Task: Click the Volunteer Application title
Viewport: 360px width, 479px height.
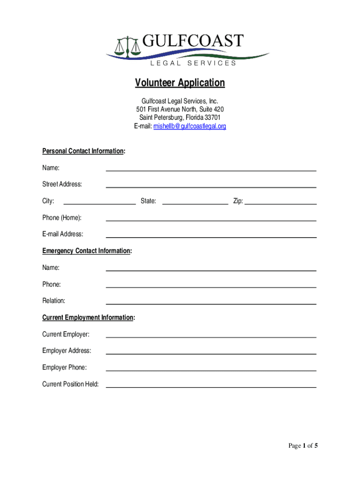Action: (180, 83)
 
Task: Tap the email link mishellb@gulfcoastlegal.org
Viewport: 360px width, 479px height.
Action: (190, 126)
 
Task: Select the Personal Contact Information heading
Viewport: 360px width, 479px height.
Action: (83, 151)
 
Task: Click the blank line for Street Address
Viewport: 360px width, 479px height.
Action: (211, 187)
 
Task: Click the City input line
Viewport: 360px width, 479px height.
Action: (99, 203)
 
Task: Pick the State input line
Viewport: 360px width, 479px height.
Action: (195, 203)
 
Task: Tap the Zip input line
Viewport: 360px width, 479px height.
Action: (281, 203)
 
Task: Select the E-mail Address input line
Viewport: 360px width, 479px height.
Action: (211, 237)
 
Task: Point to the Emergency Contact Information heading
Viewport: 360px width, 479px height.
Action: (86, 251)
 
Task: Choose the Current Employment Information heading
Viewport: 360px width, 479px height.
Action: (88, 318)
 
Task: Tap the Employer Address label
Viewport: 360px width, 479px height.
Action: (67, 351)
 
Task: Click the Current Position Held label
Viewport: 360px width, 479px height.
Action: (71, 384)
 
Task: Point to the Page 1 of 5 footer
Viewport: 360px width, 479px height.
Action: (303, 446)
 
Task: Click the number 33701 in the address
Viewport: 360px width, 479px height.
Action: (211, 117)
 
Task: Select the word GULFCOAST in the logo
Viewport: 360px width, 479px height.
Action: (193, 41)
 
